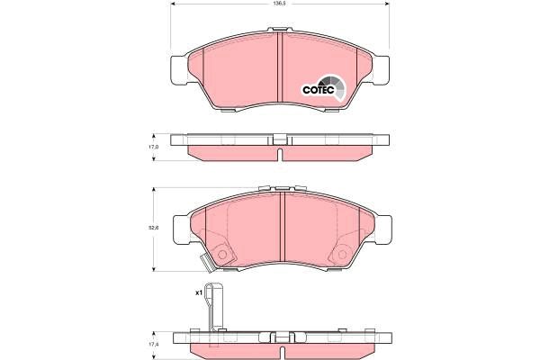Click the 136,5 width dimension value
tap(280, 4)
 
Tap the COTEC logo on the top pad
tap(319, 88)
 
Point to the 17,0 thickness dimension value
tap(153, 147)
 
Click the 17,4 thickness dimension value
tap(153, 345)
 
